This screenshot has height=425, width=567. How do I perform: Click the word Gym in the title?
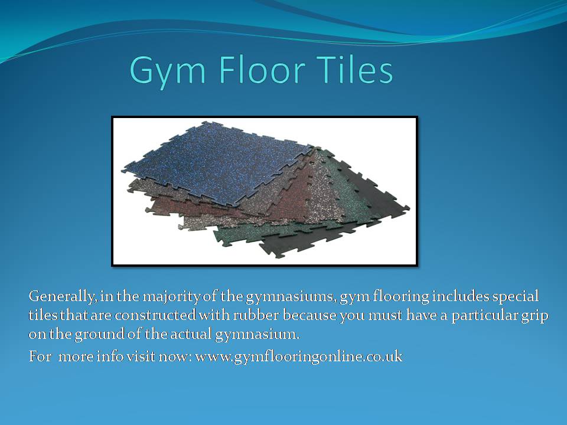(167, 71)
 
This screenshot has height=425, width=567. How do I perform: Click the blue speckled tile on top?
(217, 163)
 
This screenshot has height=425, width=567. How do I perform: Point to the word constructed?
(155, 315)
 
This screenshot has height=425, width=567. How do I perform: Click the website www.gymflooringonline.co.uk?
(299, 357)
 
